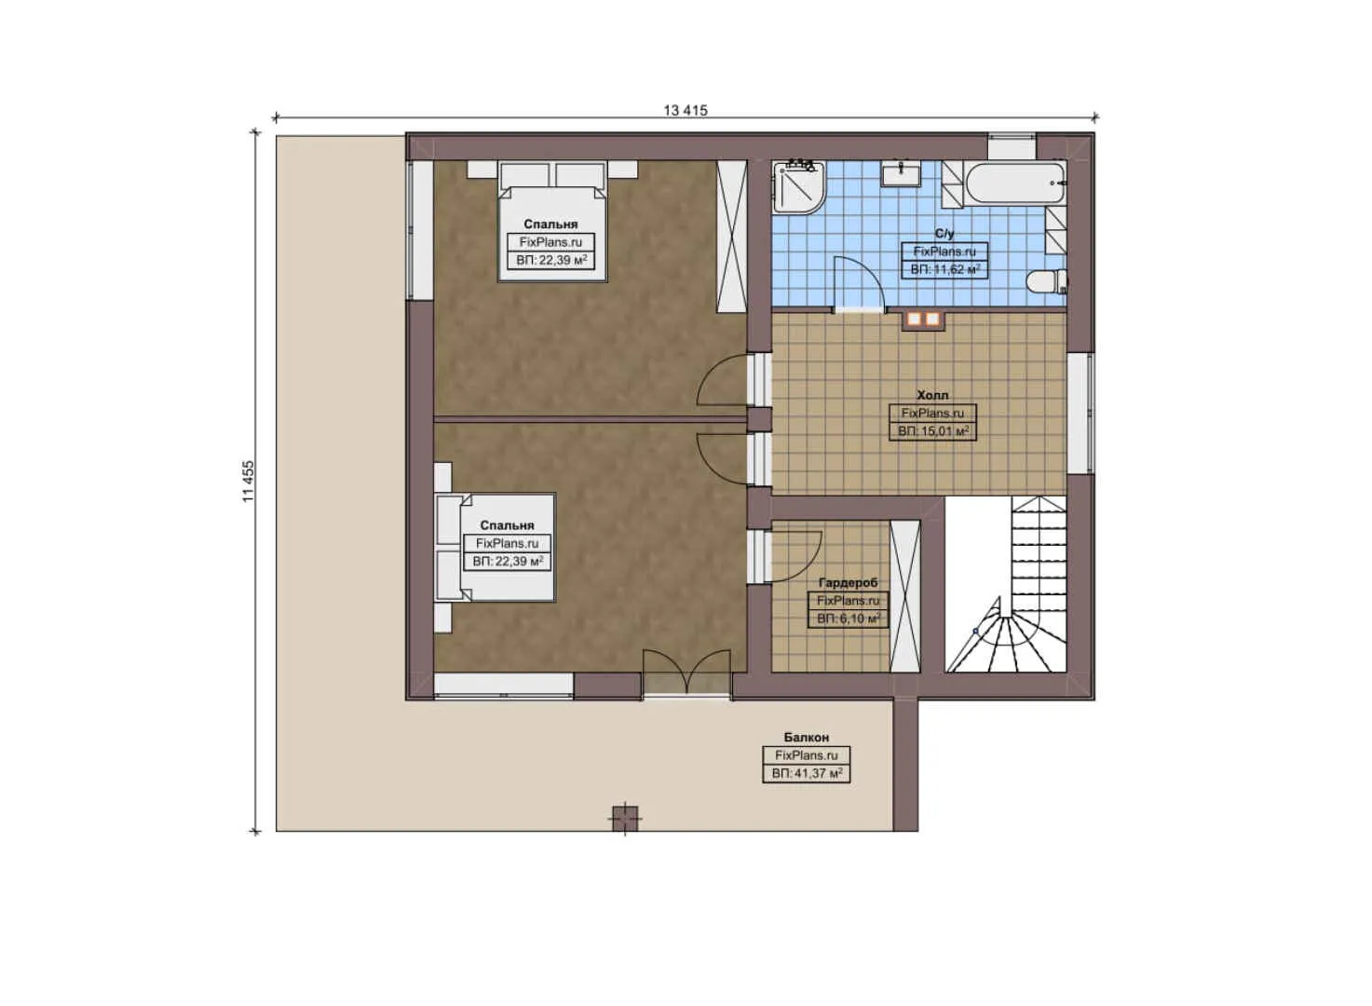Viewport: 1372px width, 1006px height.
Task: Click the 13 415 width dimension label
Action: (x=685, y=110)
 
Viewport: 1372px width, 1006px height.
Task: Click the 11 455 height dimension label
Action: (x=248, y=482)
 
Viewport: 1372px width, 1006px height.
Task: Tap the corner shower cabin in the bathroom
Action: (x=797, y=186)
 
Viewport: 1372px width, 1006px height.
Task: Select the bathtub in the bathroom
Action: (x=1015, y=184)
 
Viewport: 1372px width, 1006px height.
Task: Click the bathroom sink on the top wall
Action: (x=901, y=173)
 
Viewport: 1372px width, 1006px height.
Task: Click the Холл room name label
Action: (x=932, y=396)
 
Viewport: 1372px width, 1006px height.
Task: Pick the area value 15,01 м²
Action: (x=932, y=431)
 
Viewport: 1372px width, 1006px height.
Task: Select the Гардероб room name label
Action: (x=848, y=583)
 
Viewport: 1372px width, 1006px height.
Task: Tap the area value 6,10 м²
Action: (x=848, y=619)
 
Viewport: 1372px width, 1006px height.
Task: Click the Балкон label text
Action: (x=806, y=738)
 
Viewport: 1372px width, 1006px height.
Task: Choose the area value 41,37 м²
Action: (x=807, y=774)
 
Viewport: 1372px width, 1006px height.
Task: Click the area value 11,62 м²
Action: (x=944, y=269)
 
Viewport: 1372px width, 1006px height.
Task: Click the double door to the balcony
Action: (x=686, y=673)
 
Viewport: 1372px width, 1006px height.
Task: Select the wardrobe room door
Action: (x=794, y=556)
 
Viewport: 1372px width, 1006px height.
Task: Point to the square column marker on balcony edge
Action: (x=625, y=818)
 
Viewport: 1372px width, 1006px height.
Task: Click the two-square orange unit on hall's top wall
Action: (x=922, y=319)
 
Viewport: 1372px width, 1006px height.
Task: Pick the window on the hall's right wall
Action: (x=1080, y=413)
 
